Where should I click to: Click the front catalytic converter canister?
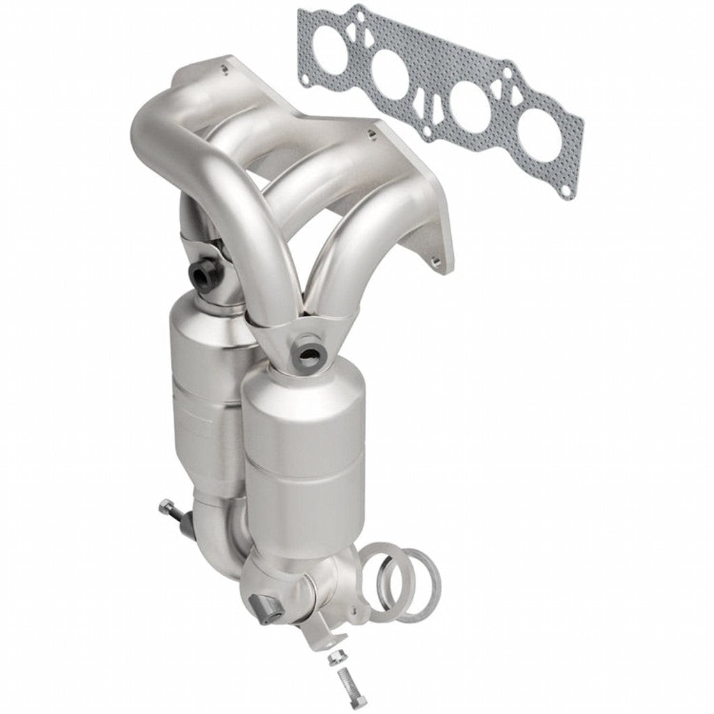305,446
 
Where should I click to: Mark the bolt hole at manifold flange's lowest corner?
437,264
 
